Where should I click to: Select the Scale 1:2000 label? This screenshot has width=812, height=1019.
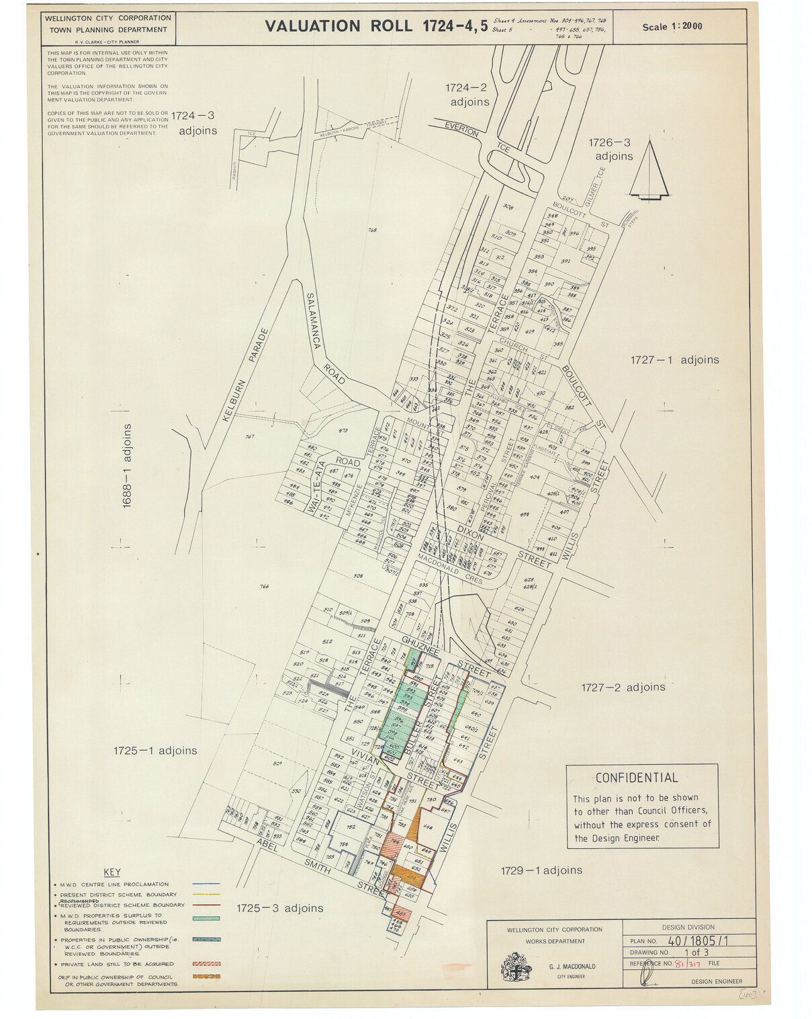tap(672, 27)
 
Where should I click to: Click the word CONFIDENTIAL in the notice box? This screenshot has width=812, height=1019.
tap(637, 778)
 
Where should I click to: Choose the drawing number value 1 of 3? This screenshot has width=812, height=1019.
tap(696, 952)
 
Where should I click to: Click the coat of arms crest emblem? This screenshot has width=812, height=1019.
tap(516, 967)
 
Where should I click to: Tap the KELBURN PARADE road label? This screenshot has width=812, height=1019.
tap(245, 374)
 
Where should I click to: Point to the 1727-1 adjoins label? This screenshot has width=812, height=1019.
tap(674, 360)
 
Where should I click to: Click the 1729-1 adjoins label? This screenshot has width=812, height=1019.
tap(542, 870)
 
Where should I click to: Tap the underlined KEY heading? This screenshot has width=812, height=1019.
tap(112, 872)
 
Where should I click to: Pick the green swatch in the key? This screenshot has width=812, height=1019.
tap(206, 918)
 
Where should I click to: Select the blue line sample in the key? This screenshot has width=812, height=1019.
tap(206, 885)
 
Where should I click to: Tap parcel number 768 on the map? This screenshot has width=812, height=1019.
tap(372, 231)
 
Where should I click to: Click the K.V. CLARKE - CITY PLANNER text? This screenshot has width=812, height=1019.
tap(107, 42)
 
